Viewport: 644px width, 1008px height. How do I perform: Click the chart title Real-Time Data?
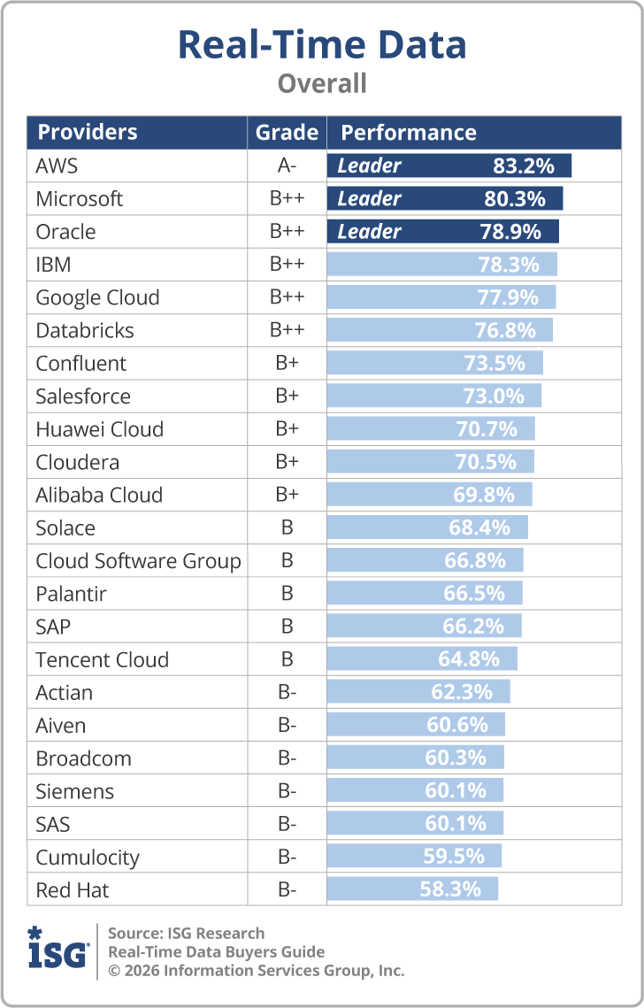pyautogui.click(x=322, y=44)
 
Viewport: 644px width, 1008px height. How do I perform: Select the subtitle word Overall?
pyautogui.click(x=322, y=83)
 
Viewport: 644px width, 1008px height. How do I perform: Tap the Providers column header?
pyautogui.click(x=88, y=133)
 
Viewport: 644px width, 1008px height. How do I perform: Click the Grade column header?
pyautogui.click(x=287, y=133)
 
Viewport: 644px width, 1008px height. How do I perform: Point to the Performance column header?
pyautogui.click(x=409, y=133)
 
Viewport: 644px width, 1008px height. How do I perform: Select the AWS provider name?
pyautogui.click(x=57, y=165)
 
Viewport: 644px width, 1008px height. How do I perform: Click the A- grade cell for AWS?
pyautogui.click(x=287, y=165)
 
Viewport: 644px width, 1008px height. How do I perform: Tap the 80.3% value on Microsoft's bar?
pyautogui.click(x=515, y=198)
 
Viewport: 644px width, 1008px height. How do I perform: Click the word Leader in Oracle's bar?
pyautogui.click(x=370, y=232)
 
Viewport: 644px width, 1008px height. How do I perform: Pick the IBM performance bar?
pyautogui.click(x=442, y=265)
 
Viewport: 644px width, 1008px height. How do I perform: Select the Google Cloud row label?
pyautogui.click(x=97, y=297)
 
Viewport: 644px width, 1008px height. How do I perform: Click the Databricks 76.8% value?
pyautogui.click(x=505, y=330)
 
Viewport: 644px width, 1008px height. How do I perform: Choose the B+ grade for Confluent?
pyautogui.click(x=287, y=363)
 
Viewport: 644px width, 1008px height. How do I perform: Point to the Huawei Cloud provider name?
pyautogui.click(x=100, y=429)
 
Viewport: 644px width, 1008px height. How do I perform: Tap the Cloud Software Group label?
pyautogui.click(x=138, y=560)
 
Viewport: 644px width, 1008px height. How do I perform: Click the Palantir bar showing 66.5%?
pyautogui.click(x=425, y=593)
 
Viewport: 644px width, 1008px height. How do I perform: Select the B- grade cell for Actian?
pyautogui.click(x=287, y=692)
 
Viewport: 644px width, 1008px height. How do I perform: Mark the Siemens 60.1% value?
pyautogui.click(x=456, y=790)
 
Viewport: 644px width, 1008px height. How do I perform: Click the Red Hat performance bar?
pyautogui.click(x=412, y=889)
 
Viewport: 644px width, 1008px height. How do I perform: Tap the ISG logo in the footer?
pyautogui.click(x=58, y=948)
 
